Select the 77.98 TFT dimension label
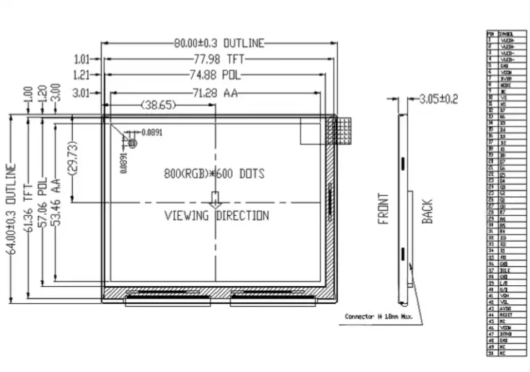pos(219,59)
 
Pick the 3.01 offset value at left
pos(81,93)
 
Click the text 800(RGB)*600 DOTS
pos(214,173)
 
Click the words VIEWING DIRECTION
pos(217,216)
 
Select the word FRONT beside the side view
pos(383,209)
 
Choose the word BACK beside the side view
pos(427,212)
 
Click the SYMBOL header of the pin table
pos(506,34)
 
